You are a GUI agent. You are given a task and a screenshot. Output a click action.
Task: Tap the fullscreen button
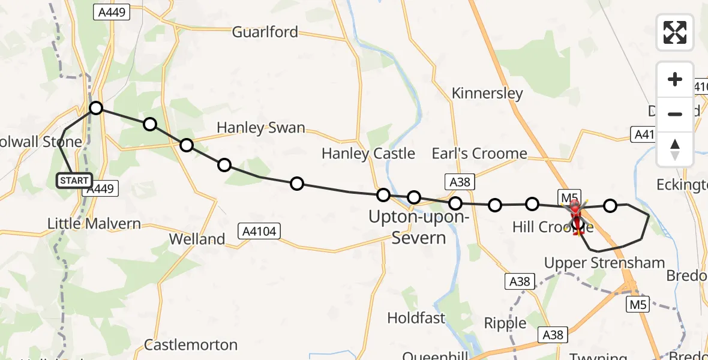[x=675, y=32]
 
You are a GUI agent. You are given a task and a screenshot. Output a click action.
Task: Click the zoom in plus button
[x=675, y=79]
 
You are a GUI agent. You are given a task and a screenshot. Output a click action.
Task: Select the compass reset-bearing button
[x=675, y=149]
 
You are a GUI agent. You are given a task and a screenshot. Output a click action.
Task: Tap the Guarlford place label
[x=265, y=32]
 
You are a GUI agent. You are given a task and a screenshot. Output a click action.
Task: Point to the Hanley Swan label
[x=260, y=128]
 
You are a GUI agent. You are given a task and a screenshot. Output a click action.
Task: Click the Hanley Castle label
[x=368, y=154]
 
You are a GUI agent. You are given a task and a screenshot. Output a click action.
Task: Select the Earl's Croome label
[x=479, y=154]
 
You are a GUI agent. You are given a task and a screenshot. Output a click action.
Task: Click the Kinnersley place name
[x=487, y=94]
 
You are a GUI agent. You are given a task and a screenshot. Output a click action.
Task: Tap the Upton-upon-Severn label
[x=418, y=227]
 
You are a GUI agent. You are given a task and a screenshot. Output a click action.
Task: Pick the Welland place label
[x=197, y=239]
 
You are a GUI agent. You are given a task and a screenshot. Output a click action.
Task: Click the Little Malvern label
[x=94, y=224]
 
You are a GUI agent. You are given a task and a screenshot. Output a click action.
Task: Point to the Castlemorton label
[x=191, y=345]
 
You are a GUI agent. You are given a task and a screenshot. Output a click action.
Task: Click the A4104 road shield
[x=259, y=231]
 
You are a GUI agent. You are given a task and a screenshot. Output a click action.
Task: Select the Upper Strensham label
[x=604, y=263]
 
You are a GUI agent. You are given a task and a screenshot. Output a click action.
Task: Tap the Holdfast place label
[x=416, y=317]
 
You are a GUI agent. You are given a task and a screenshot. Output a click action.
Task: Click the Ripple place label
[x=505, y=323]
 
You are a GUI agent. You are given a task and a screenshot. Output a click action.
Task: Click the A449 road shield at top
[x=112, y=12]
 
